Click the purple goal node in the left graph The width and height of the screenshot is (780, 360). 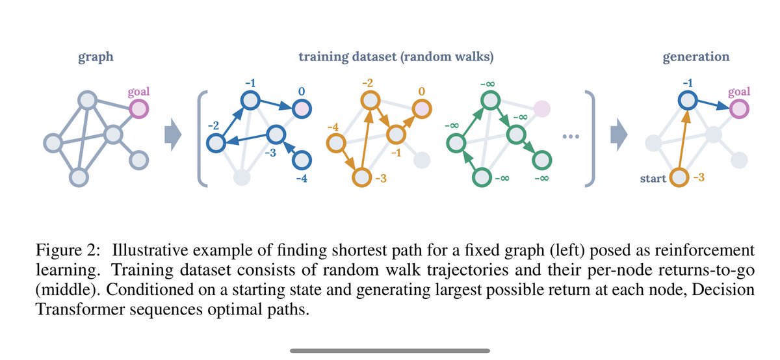[x=139, y=109]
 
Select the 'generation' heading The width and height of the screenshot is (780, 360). [x=696, y=57]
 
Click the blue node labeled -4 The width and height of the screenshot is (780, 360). [x=301, y=160]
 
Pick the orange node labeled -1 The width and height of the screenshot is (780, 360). [x=396, y=135]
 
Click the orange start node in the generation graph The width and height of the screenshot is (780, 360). [x=679, y=176]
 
